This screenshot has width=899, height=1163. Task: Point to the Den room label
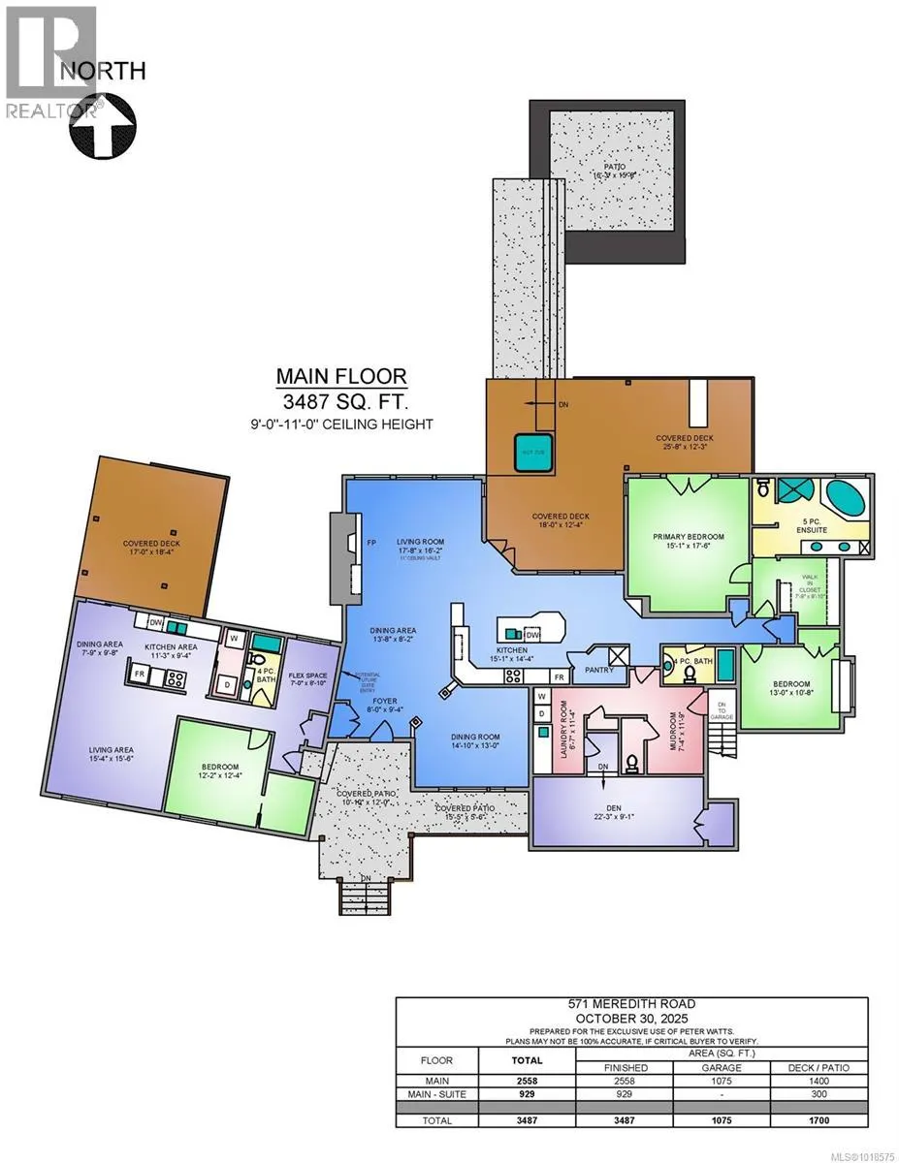(x=617, y=807)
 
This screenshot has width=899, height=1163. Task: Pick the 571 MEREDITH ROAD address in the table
(x=644, y=1006)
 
